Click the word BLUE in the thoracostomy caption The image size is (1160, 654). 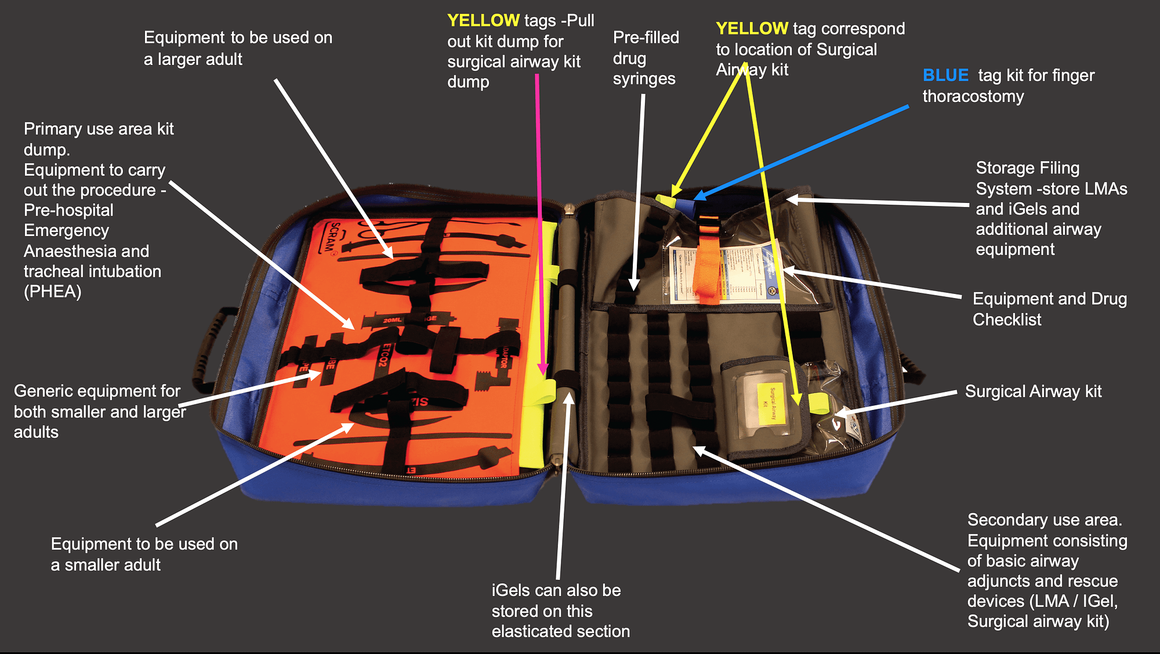pos(945,75)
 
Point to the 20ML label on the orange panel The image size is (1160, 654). pos(392,320)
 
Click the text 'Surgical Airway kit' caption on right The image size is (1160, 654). pos(1033,392)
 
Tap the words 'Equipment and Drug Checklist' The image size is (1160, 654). pos(1049,309)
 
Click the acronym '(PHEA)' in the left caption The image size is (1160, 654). pos(52,292)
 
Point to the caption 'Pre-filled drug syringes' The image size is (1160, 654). pos(645,58)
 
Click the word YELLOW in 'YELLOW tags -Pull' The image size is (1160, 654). pos(483,21)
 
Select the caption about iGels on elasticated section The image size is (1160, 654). pos(560,611)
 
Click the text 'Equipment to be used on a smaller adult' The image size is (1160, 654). pos(144,554)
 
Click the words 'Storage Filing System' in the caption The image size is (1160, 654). pos(1027,178)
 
